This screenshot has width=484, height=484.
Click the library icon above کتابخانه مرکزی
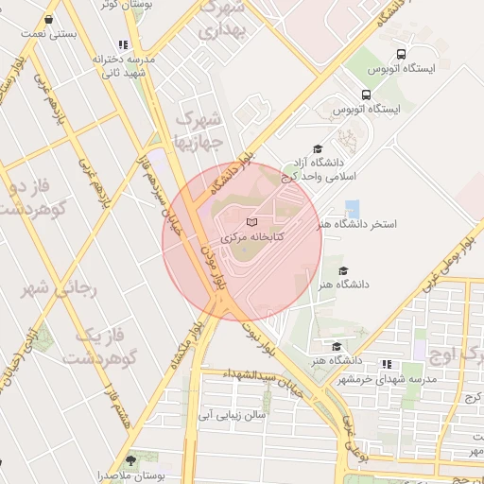[x=251, y=221]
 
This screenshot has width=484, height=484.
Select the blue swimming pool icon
[x=352, y=209]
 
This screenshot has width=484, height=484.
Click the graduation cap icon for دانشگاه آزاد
[x=318, y=149]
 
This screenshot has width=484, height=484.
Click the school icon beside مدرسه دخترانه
[x=123, y=44]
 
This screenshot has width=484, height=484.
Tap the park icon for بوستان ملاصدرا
[x=130, y=459]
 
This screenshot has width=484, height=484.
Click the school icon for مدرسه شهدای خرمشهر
[x=386, y=364]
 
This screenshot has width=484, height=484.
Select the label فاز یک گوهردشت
[x=100, y=346]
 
